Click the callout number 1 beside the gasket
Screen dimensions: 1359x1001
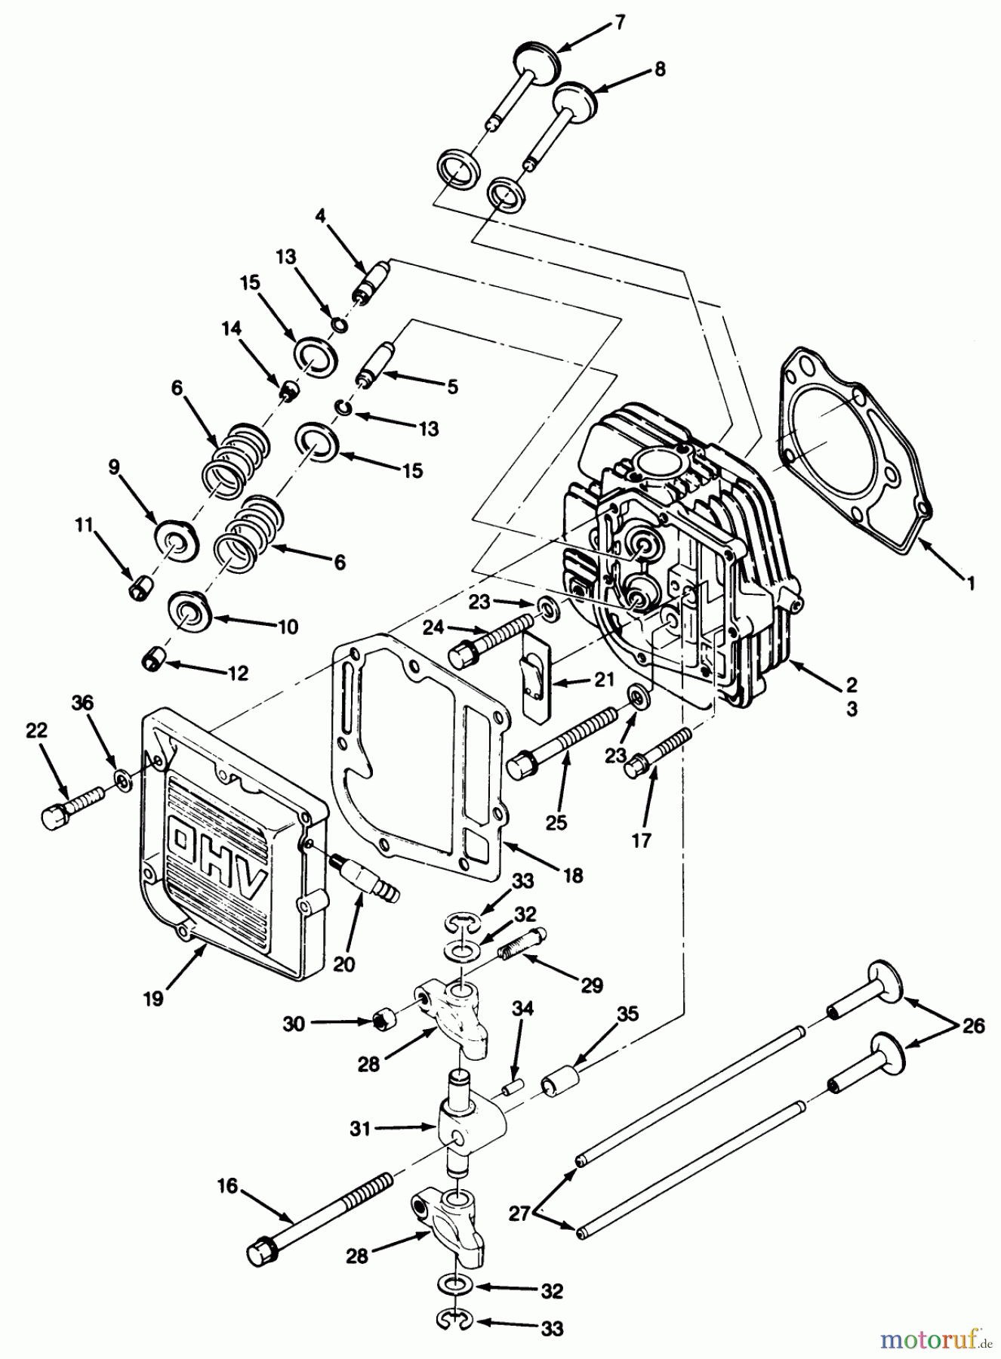[972, 582]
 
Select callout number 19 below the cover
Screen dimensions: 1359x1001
[153, 998]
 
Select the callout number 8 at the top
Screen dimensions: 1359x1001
[660, 69]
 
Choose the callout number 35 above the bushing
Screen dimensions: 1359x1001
[627, 1014]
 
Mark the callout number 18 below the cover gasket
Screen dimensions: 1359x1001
[573, 875]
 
